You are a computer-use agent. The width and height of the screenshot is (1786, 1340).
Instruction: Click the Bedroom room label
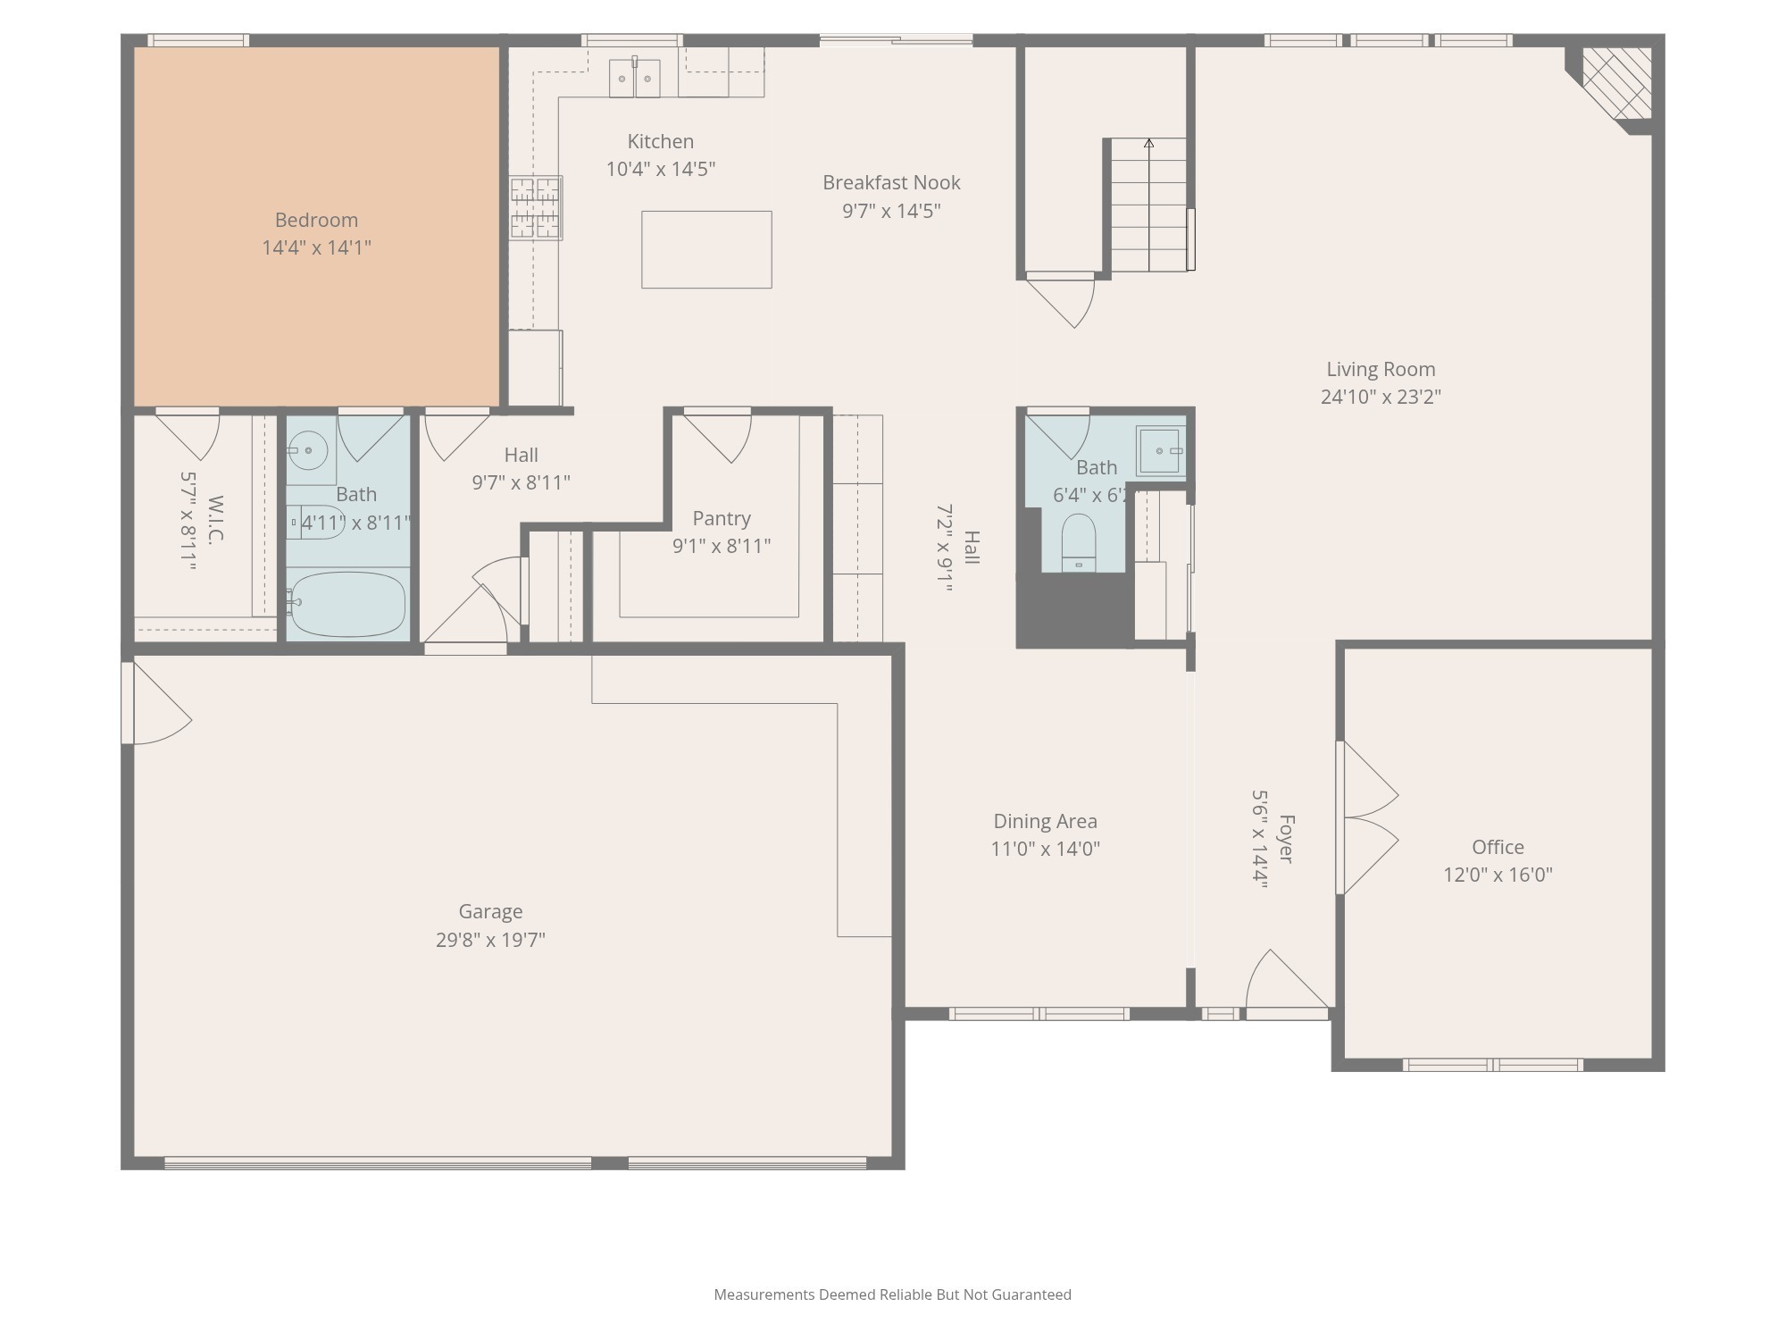(316, 220)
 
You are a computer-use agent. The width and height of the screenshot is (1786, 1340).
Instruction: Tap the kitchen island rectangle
(706, 249)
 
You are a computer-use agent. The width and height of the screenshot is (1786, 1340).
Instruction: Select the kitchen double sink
(635, 79)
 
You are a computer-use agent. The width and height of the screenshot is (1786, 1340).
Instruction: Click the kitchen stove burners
(536, 208)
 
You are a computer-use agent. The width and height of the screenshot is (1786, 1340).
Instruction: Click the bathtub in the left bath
(347, 604)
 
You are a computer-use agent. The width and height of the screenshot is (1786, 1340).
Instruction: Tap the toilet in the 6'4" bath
(1079, 540)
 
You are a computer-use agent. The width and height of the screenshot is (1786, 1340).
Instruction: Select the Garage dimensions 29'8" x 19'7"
(490, 940)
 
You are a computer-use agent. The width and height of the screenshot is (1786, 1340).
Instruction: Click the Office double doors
(1369, 817)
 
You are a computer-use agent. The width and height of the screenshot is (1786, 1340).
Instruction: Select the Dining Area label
(1045, 821)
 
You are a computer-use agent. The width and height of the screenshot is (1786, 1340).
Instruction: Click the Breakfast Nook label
(891, 182)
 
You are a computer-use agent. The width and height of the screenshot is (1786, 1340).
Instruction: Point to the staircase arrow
(1148, 143)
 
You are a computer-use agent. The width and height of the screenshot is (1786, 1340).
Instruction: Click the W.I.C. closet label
(214, 520)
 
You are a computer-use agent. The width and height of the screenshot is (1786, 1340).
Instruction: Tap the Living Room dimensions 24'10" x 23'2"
(1381, 397)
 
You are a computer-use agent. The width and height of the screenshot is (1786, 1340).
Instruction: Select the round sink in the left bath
(309, 450)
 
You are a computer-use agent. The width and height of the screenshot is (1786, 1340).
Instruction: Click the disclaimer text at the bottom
(892, 1294)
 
